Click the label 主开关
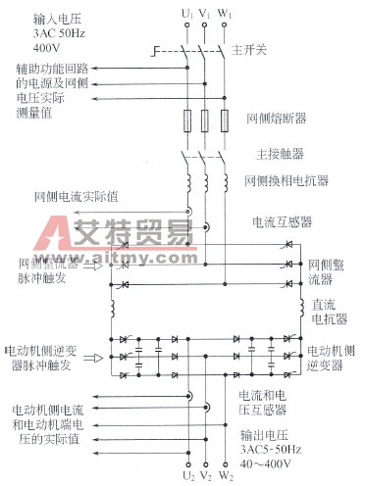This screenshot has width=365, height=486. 260,49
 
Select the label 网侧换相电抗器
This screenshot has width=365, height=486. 287,182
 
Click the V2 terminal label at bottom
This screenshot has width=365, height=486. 205,477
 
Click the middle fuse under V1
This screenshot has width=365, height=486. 205,121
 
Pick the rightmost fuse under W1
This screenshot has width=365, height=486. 225,121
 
